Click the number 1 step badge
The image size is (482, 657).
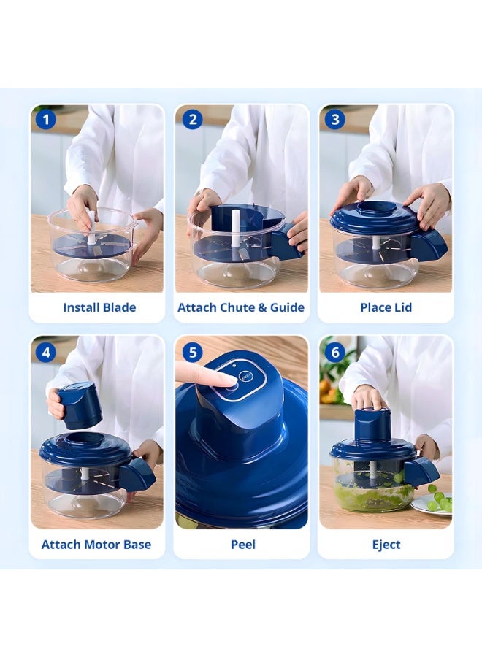pos(46,120)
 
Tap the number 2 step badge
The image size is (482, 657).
pos(192,120)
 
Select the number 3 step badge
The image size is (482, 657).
pos(335,120)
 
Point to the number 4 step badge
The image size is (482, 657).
pos(46,352)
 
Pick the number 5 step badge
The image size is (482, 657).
pos(192,352)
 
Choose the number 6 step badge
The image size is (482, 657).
pos(335,352)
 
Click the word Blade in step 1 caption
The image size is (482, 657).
pos(120,307)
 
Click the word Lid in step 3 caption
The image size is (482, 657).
pos(403,307)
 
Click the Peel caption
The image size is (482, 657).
pos(243,545)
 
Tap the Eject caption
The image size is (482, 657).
pos(386,545)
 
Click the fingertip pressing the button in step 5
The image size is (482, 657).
pos(229,380)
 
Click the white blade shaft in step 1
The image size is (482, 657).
pos(91,227)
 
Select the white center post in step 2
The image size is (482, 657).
pos(236,228)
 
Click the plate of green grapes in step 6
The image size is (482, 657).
pos(432,502)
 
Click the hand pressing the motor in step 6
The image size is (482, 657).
pos(368,397)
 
